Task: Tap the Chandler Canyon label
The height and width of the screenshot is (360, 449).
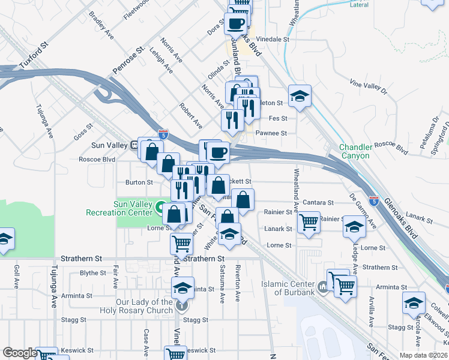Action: tap(354, 151)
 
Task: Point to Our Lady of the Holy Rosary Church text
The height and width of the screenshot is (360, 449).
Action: tap(144, 306)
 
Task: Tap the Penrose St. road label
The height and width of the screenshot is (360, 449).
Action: tap(130, 62)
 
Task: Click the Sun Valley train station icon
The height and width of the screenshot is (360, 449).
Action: tap(136, 145)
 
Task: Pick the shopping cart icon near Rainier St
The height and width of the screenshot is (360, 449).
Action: tap(309, 222)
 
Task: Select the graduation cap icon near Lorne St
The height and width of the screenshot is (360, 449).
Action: tap(354, 227)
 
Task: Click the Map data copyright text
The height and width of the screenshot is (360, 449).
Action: tap(423, 355)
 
